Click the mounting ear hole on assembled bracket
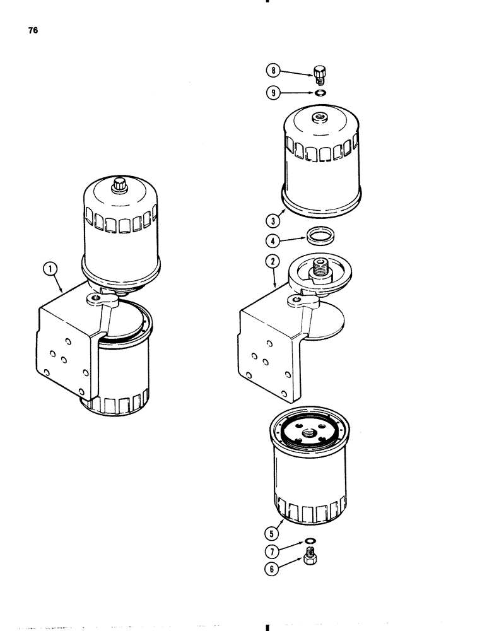tap(95, 298)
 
